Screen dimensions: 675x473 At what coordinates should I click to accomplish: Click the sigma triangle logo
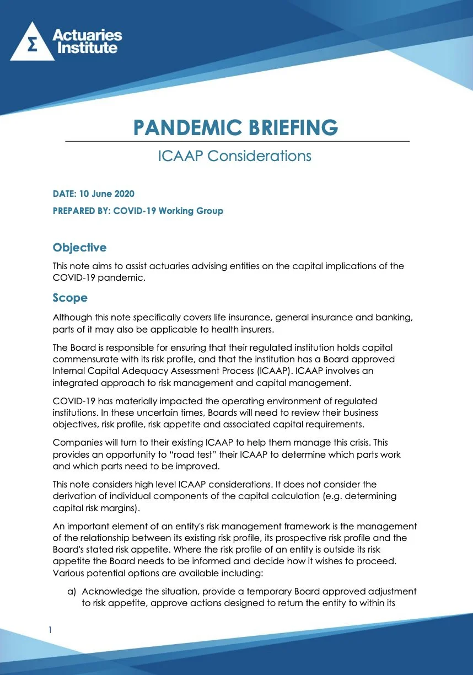[x=33, y=43]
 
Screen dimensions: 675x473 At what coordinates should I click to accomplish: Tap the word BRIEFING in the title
[x=291, y=127]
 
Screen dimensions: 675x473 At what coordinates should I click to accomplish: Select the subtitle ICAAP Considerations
[x=235, y=156]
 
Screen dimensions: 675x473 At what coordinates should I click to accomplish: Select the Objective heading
[x=79, y=248]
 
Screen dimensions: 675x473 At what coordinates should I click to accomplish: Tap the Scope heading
[x=70, y=298]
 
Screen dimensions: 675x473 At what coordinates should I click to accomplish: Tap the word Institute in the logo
[x=85, y=49]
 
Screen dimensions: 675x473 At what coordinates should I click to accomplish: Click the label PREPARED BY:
[x=81, y=211]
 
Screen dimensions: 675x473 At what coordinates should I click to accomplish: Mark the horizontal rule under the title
[x=237, y=142]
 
